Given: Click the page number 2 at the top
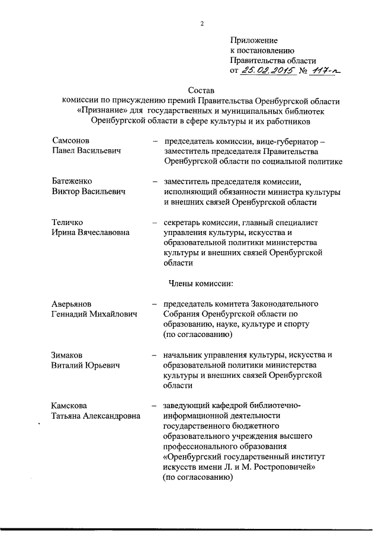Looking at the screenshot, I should click(202, 24).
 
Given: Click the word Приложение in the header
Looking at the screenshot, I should click(253, 40).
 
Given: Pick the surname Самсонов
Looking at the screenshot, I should click(71, 142).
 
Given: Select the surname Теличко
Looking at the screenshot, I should click(69, 222).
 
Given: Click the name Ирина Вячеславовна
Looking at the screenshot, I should click(90, 233).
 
